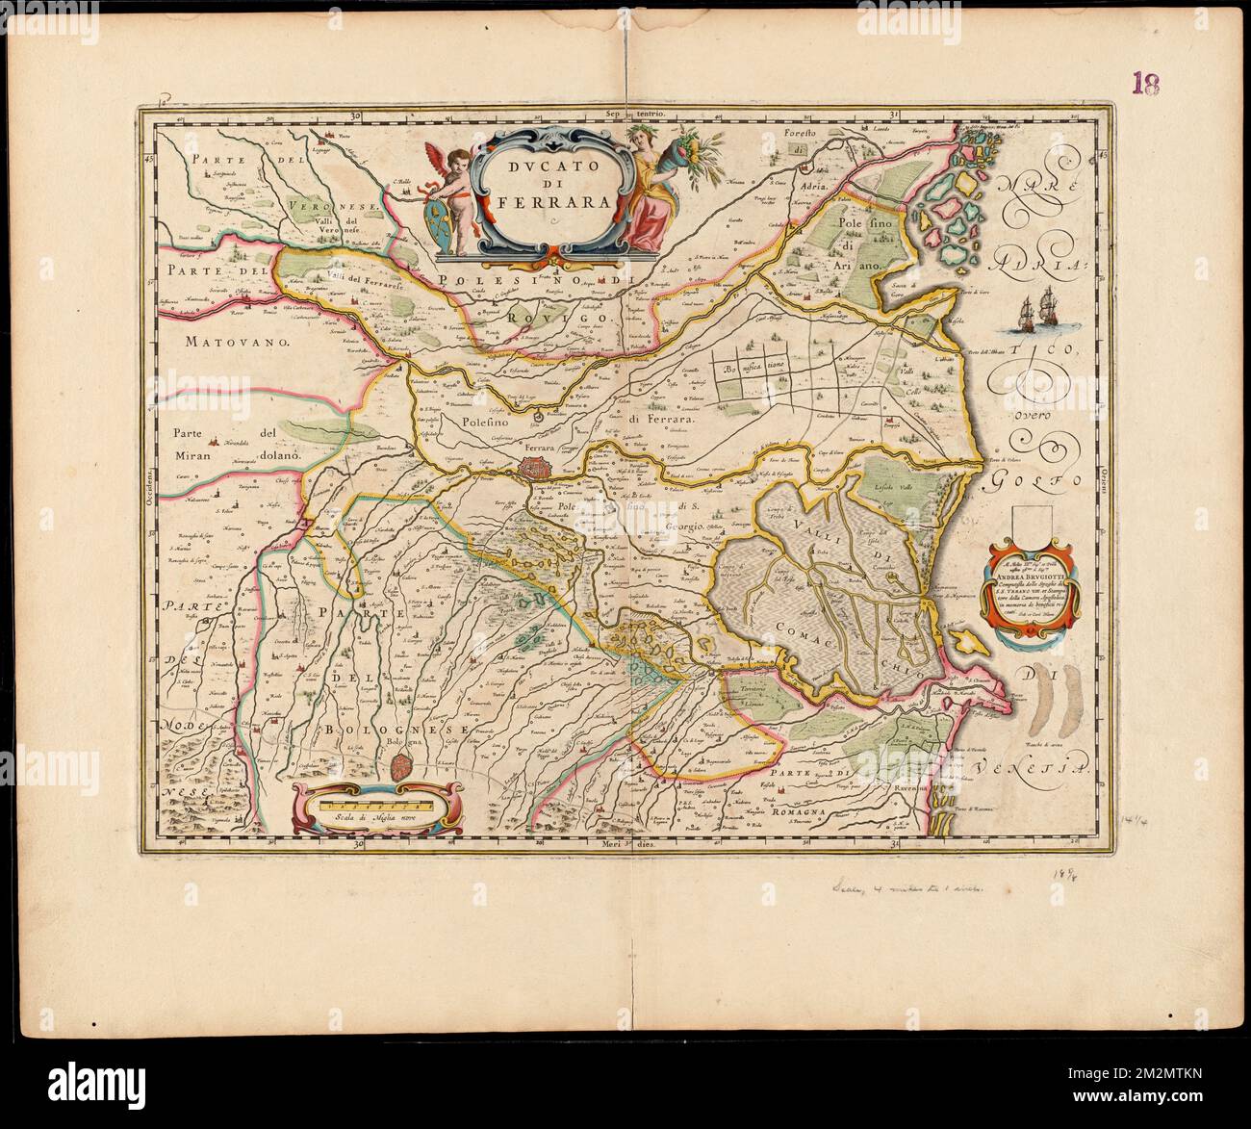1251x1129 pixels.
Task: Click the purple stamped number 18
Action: point(1144,82)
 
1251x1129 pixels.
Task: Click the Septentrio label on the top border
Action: point(653,115)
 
